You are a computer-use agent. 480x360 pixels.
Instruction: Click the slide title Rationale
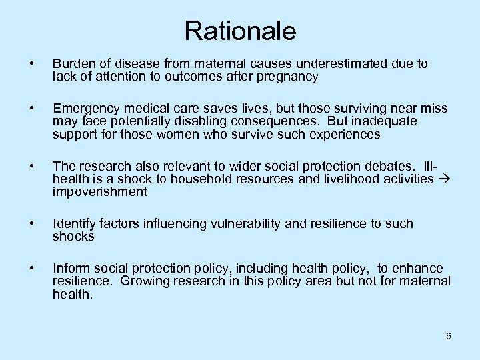(240, 31)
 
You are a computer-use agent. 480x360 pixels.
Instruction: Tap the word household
(199, 179)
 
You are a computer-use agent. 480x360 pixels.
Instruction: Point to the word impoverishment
(99, 192)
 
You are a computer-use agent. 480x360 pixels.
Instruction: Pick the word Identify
(73, 223)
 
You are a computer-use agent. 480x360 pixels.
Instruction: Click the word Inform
(69, 268)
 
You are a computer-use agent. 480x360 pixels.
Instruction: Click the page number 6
(448, 336)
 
